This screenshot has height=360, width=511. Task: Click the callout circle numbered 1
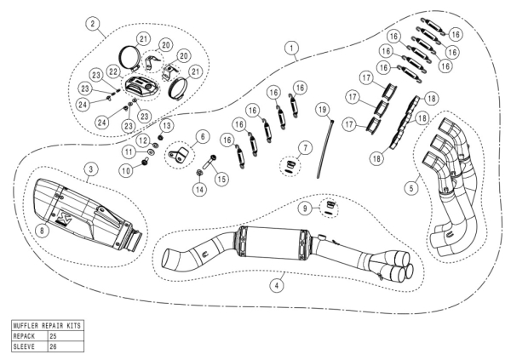(292, 49)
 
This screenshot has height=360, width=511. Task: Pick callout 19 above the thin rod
(321, 111)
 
